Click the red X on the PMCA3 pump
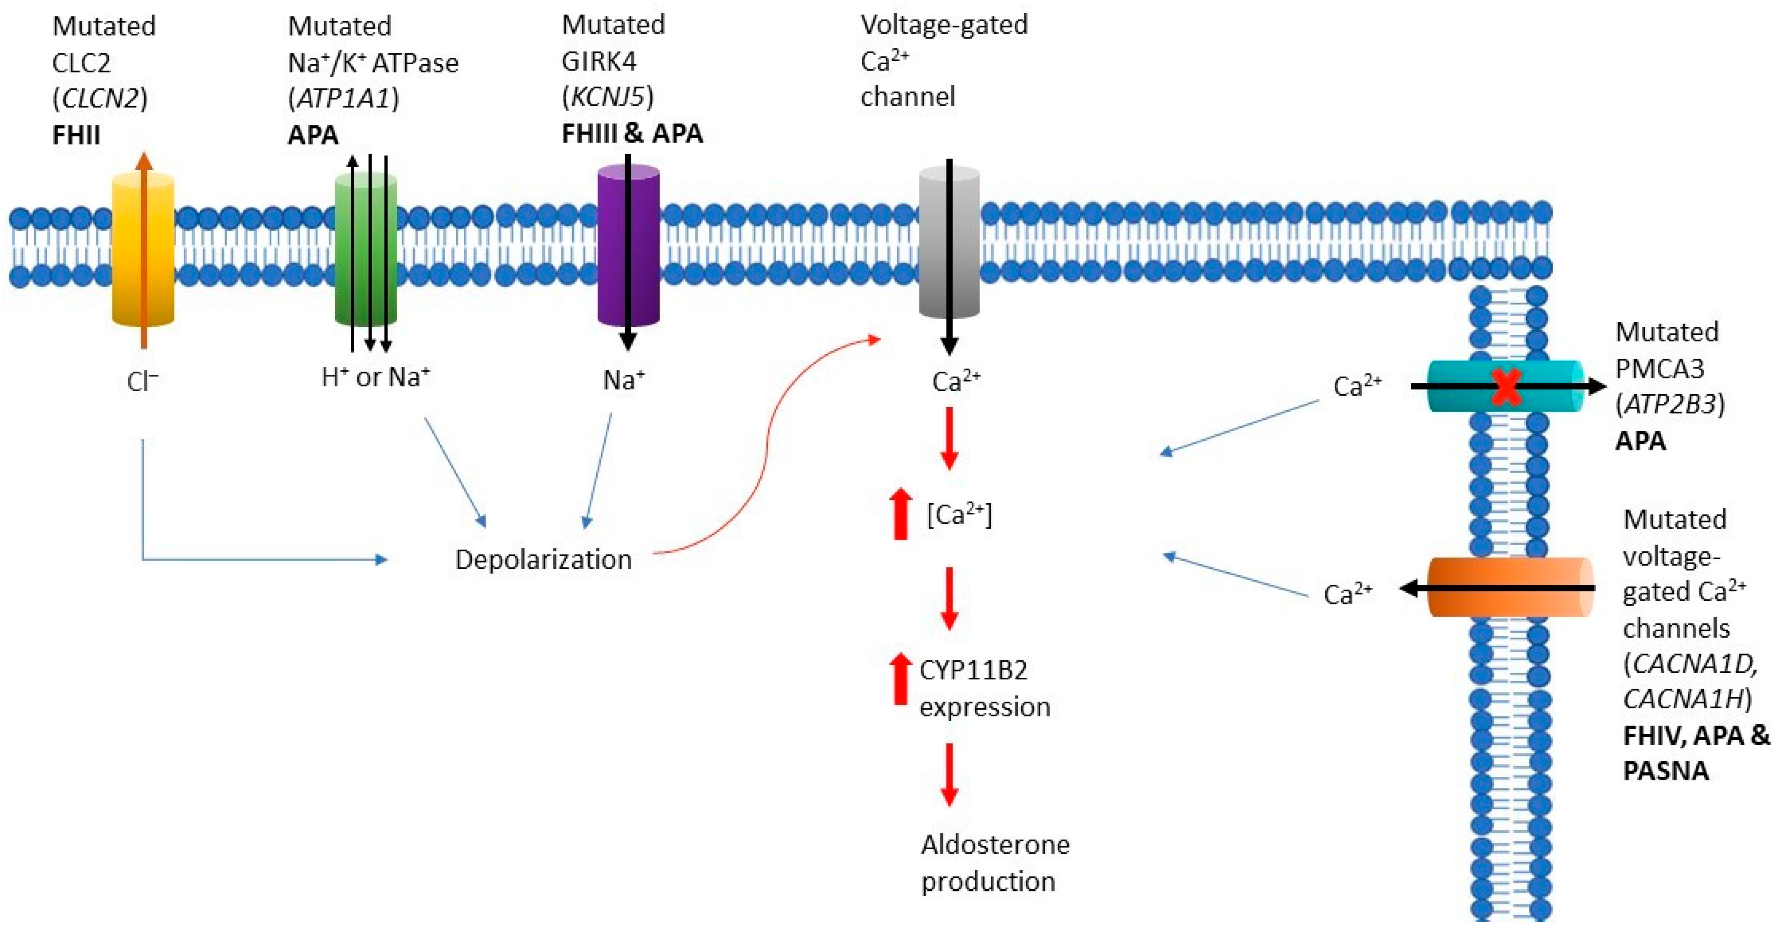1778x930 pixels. point(1506,387)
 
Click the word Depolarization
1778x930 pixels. point(543,559)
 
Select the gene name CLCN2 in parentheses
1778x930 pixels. point(100,99)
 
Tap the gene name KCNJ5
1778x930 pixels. point(607,97)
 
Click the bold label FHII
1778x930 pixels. point(76,135)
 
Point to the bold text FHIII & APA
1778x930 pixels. point(632,133)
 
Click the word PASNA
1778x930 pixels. point(1666,771)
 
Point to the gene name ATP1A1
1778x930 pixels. point(343,99)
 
